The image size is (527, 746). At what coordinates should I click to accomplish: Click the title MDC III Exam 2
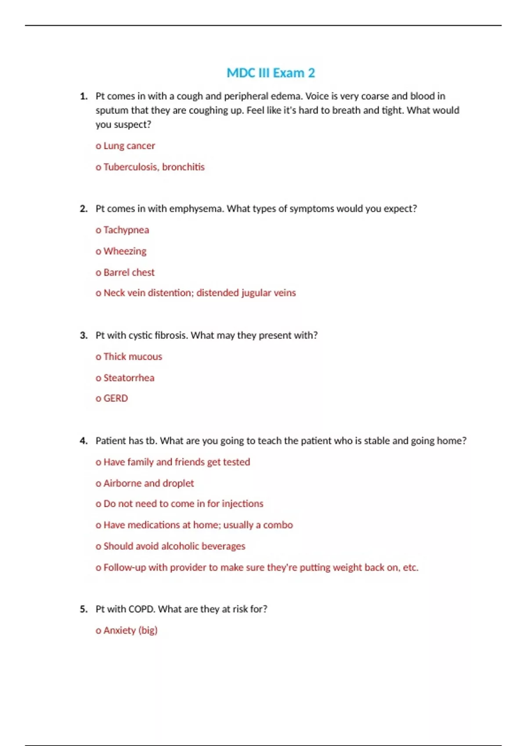tap(271, 73)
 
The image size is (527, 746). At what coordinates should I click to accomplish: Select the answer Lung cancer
tap(129, 146)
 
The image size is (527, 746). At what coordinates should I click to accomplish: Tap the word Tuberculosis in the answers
tap(131, 167)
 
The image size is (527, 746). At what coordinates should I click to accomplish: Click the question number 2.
tap(83, 209)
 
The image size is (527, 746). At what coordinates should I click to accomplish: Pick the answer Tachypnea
tap(126, 230)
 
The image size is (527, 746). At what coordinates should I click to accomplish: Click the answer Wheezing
tap(125, 251)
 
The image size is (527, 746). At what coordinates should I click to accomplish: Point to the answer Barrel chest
tap(129, 273)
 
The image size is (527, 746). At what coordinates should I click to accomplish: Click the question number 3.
tap(83, 336)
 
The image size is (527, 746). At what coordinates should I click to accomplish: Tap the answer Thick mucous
tap(133, 357)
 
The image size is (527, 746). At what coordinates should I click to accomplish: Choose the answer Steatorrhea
tap(129, 378)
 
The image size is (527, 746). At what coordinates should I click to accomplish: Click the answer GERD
tap(116, 398)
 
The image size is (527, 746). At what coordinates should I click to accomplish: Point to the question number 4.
tap(83, 441)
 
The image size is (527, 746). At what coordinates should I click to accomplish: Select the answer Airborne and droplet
tap(148, 483)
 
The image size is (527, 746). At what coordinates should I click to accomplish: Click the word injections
tap(242, 504)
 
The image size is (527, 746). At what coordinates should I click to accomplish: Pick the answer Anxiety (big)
tap(130, 631)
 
